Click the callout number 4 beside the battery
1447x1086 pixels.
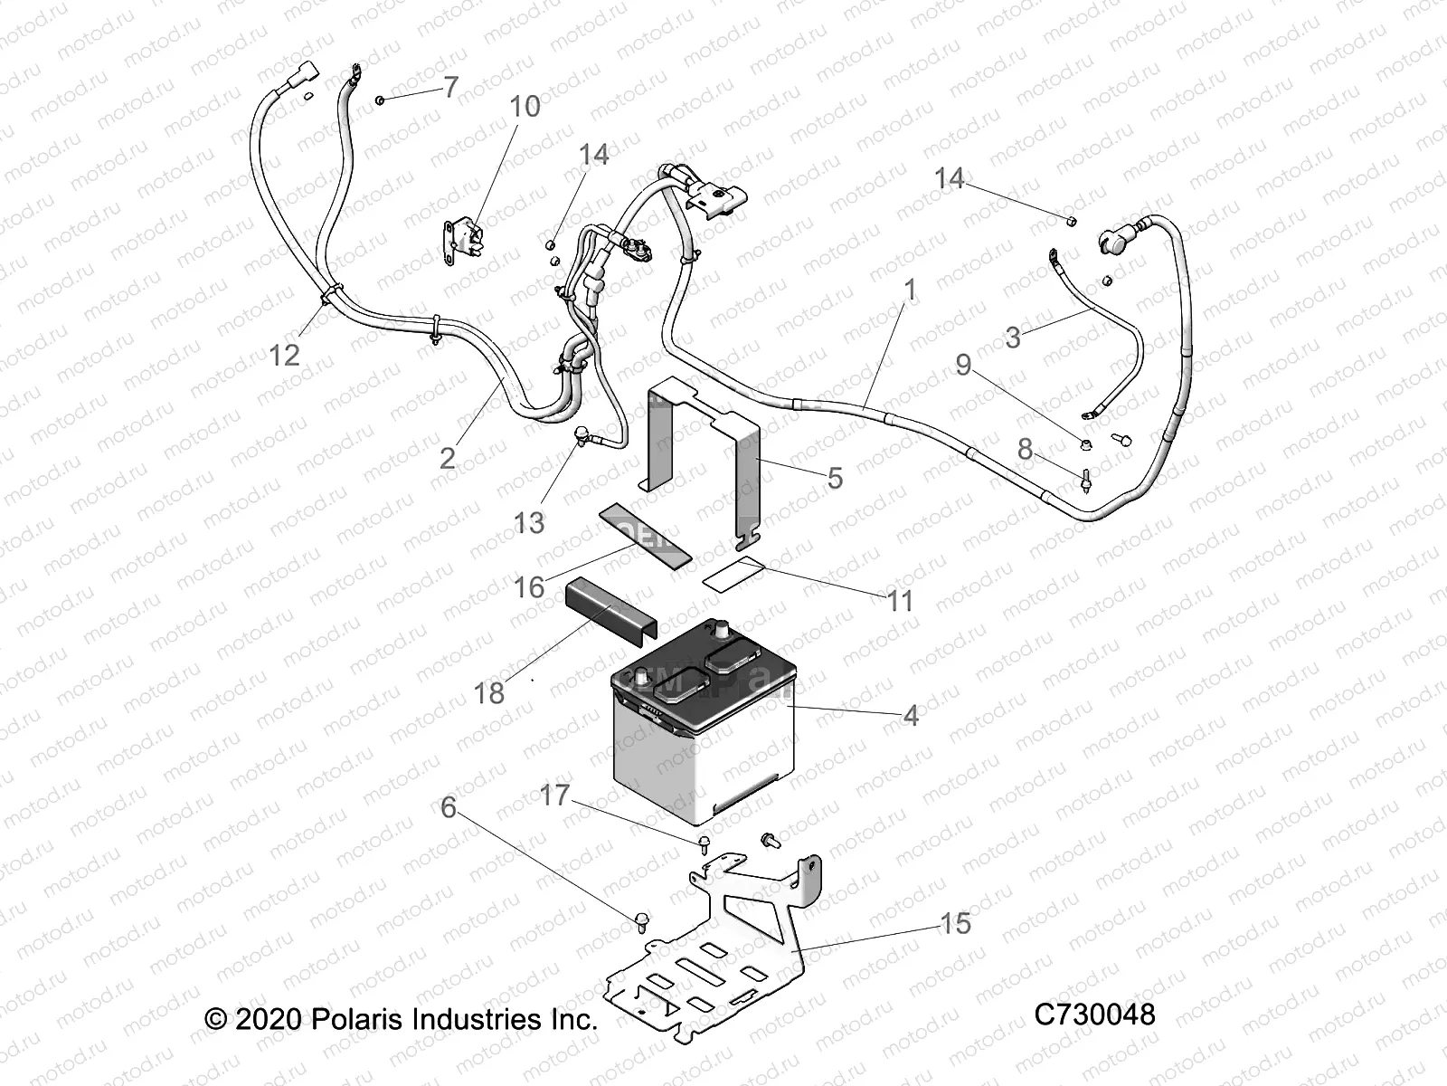pyautogui.click(x=911, y=715)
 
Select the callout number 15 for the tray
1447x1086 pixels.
pyautogui.click(x=955, y=923)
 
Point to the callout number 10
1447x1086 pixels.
pyautogui.click(x=525, y=106)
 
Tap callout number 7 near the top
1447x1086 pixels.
pyautogui.click(x=450, y=87)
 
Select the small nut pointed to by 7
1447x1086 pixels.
pyautogui.click(x=381, y=99)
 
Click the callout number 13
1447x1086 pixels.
pyautogui.click(x=529, y=522)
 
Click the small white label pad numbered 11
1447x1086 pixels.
pyautogui.click(x=733, y=575)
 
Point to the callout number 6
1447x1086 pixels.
pyautogui.click(x=449, y=806)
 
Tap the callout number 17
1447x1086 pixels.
pyautogui.click(x=554, y=795)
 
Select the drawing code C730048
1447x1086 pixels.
pyautogui.click(x=1094, y=1014)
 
